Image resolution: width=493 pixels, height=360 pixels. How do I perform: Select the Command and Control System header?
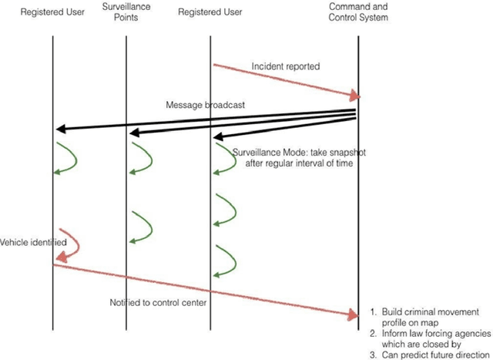pos(357,13)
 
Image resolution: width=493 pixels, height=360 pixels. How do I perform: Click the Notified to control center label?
pos(158,301)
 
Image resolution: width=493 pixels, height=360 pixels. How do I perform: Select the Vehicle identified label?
pos(32,242)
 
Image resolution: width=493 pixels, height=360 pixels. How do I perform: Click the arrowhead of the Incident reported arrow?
pos(355,96)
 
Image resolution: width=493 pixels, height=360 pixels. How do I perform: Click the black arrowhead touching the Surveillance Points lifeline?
pos(133,134)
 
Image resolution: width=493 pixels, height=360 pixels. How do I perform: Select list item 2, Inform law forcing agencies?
pos(431,334)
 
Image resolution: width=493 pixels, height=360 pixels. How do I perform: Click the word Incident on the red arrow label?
pos(267,66)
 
